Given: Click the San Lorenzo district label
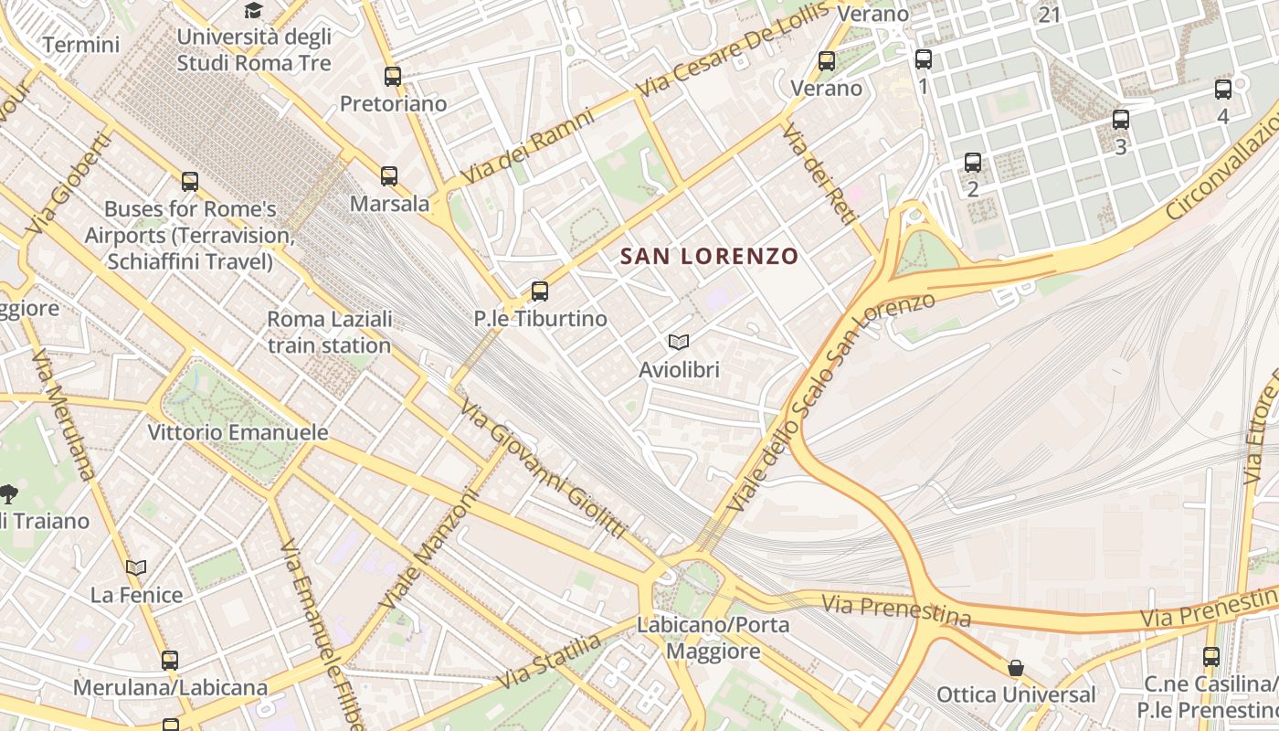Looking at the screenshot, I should (x=709, y=257).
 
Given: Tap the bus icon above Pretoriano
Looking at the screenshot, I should (x=393, y=77).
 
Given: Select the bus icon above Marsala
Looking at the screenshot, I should (x=389, y=176).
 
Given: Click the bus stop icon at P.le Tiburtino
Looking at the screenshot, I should (x=540, y=291).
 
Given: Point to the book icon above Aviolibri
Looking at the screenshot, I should (x=678, y=343).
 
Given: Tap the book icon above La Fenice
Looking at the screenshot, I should (x=136, y=567).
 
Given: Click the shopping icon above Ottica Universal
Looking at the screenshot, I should (x=1015, y=668).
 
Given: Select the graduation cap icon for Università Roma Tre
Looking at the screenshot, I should (x=252, y=11).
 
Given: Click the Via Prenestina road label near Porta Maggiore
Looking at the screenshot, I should (x=896, y=609).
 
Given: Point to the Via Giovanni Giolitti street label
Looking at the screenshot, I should (x=543, y=470).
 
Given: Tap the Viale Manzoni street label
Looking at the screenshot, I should (x=429, y=552).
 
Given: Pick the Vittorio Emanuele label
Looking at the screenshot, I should (x=238, y=432).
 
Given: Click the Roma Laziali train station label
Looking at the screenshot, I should (x=329, y=333).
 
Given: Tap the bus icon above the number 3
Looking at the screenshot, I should (x=1121, y=120).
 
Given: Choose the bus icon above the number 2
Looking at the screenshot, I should (x=973, y=163).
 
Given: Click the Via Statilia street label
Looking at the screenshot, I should (x=551, y=662).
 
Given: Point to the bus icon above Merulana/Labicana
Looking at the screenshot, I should (x=170, y=660).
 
